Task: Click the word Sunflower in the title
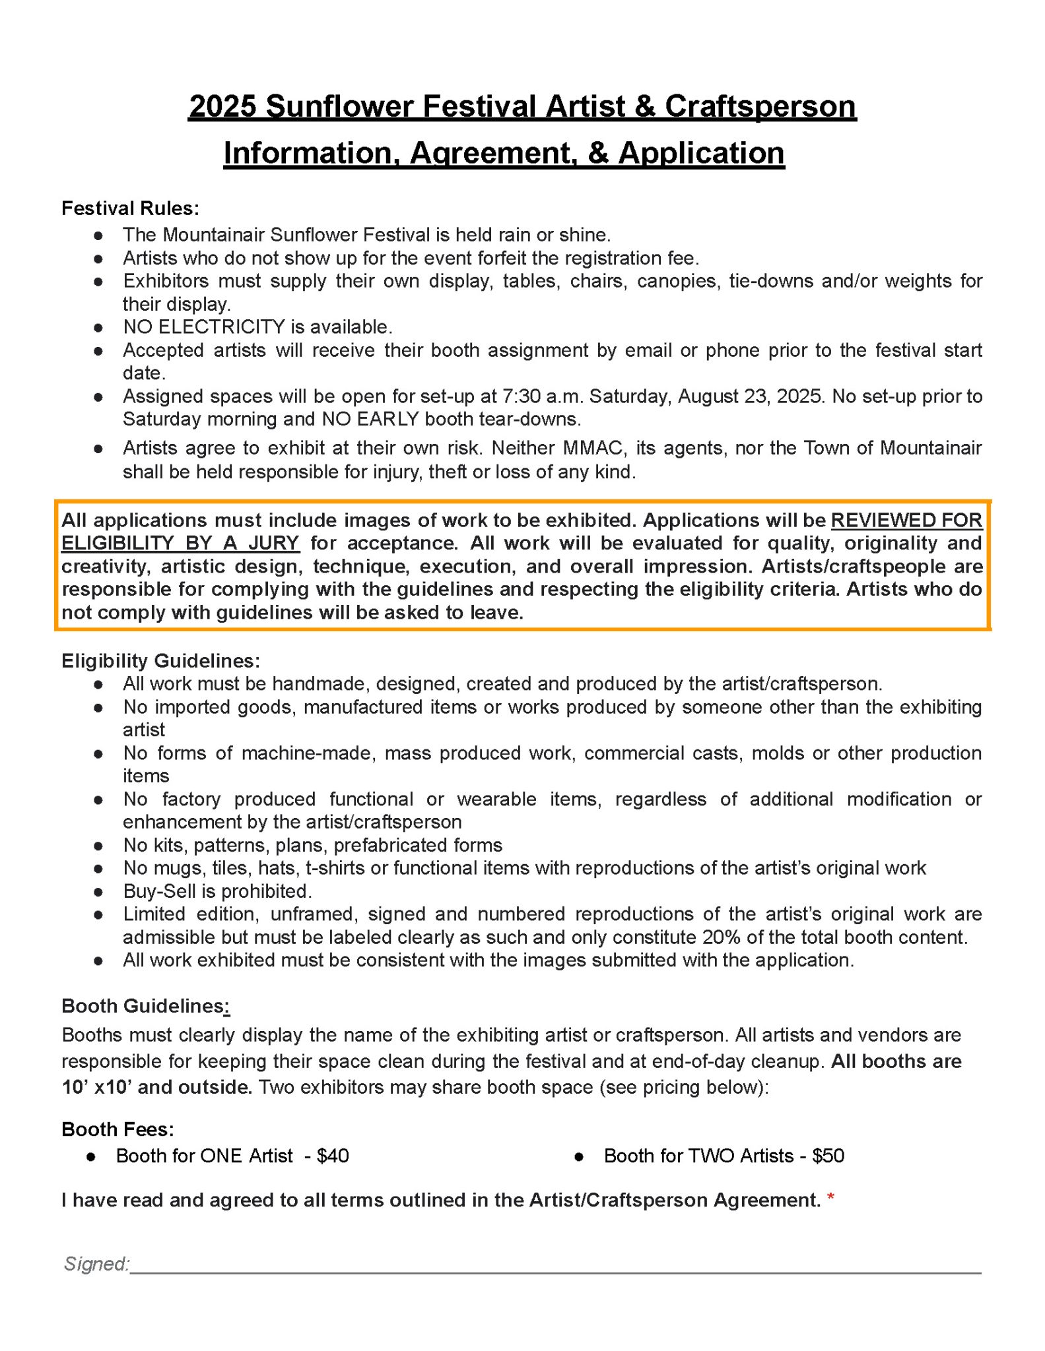(x=339, y=106)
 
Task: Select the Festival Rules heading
(x=130, y=208)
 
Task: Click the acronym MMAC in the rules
(x=593, y=448)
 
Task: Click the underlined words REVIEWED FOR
(x=906, y=520)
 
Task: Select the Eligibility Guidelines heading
(x=160, y=660)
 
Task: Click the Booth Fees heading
(x=118, y=1129)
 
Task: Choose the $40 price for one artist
(x=333, y=1156)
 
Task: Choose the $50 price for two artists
(x=828, y=1156)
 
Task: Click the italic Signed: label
(x=96, y=1264)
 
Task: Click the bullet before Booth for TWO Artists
(x=579, y=1156)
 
